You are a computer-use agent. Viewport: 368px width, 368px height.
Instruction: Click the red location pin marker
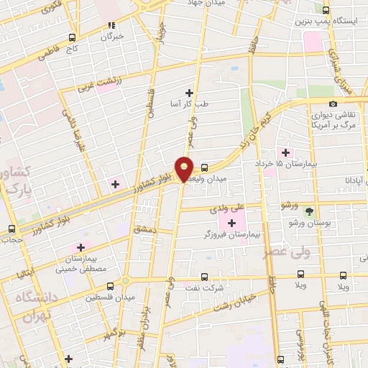(x=185, y=167)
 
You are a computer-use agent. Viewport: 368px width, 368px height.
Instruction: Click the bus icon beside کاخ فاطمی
(x=72, y=38)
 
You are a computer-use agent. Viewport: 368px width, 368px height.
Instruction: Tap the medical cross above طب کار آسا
(x=189, y=92)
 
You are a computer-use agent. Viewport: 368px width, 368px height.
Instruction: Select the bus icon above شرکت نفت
(x=204, y=276)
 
